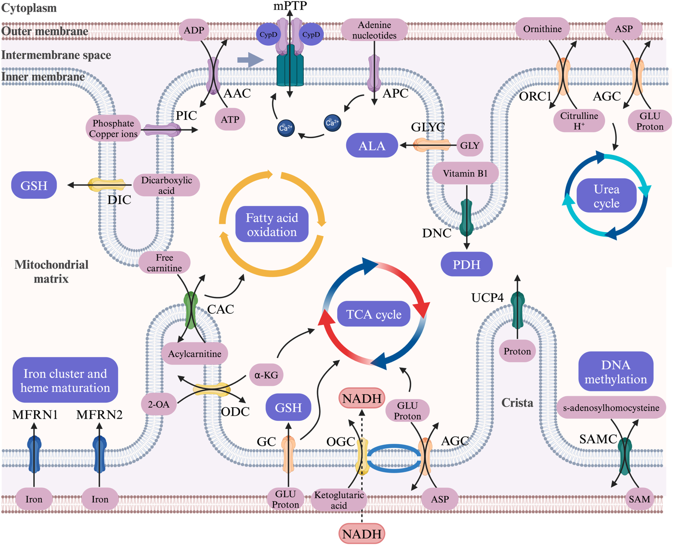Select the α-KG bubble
(x=266, y=374)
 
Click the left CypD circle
(x=268, y=34)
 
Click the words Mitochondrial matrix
(x=51, y=271)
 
